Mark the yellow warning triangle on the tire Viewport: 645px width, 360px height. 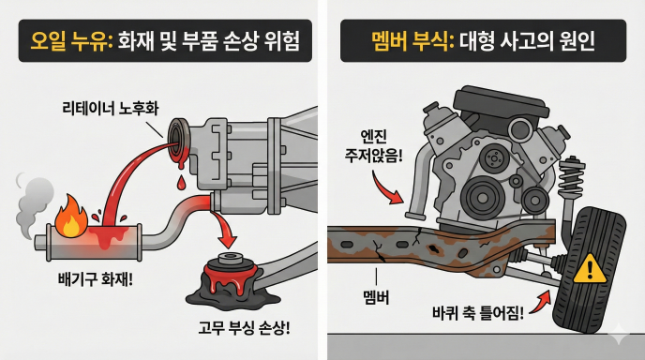point(589,270)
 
